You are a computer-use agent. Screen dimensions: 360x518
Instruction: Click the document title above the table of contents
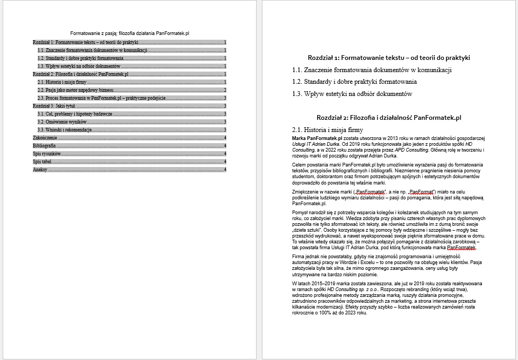tap(130, 33)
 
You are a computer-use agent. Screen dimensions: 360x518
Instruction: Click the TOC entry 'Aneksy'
tap(40, 169)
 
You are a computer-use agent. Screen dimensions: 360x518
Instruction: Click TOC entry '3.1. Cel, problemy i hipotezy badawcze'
tap(75, 113)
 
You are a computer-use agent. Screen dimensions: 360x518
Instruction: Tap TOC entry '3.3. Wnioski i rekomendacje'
tap(65, 129)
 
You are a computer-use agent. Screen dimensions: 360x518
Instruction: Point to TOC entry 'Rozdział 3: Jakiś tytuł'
tap(54, 106)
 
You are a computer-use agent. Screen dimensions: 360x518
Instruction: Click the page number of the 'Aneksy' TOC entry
tap(225, 169)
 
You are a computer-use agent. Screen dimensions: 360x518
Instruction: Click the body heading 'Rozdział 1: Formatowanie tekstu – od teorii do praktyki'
tap(389, 58)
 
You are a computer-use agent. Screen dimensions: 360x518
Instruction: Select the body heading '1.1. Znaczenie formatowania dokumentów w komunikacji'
tap(372, 69)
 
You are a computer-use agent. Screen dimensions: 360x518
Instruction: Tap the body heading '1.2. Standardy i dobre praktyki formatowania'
tap(354, 82)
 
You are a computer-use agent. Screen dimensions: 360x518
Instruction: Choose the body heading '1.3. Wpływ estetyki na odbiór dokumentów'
tap(352, 94)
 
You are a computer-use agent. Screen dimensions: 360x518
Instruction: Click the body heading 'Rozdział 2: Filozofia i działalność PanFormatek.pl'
tap(389, 118)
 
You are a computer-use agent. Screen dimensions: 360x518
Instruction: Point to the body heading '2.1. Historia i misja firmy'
tap(328, 129)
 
